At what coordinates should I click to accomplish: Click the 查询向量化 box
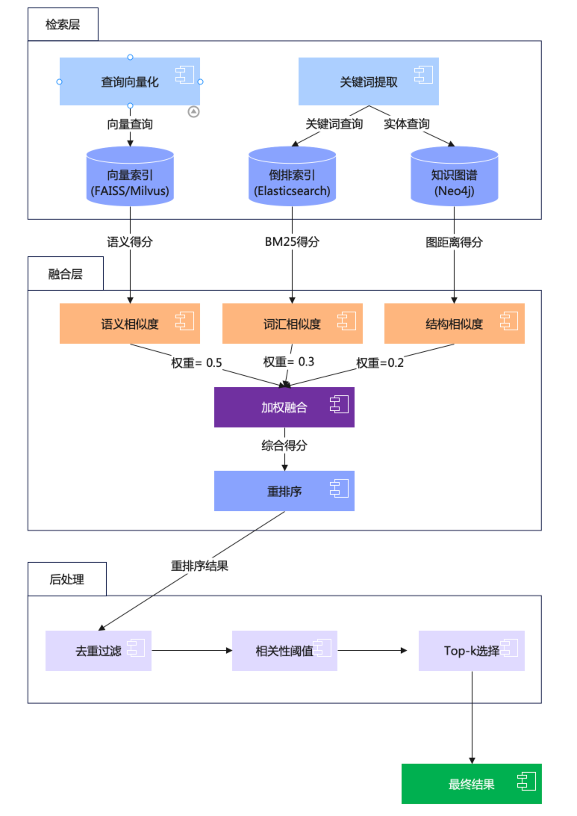[130, 81]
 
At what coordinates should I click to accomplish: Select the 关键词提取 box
[368, 81]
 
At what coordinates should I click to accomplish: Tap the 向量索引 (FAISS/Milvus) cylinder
[130, 178]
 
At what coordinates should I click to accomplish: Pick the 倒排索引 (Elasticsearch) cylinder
[292, 178]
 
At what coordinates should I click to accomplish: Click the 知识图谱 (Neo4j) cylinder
[454, 178]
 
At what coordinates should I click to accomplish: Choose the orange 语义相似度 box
[130, 324]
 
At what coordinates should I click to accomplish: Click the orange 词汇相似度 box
[292, 324]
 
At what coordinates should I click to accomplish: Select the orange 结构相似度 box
[454, 324]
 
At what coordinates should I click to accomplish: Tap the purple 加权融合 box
[284, 407]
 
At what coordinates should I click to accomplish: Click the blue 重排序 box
[284, 491]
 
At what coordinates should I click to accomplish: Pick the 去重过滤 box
[98, 650]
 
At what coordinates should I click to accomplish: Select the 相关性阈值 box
[284, 650]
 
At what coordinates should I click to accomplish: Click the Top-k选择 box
[471, 650]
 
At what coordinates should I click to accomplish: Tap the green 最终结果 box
[471, 784]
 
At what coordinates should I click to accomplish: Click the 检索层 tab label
[63, 25]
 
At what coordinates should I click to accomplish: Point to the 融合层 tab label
[65, 273]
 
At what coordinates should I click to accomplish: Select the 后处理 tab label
[66, 578]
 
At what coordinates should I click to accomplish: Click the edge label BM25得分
[292, 242]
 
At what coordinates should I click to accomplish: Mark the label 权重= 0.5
[196, 362]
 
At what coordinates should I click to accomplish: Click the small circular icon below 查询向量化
[193, 111]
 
